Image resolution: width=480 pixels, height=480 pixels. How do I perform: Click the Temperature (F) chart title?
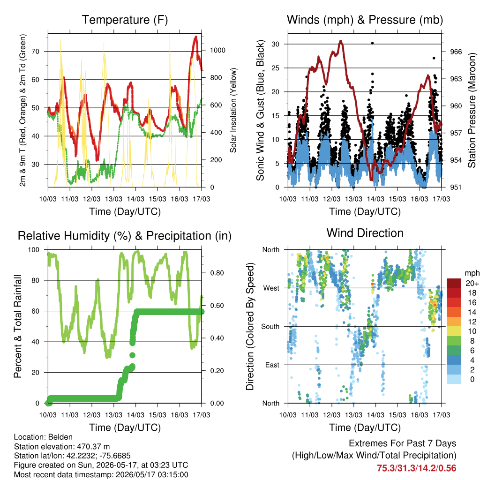125,20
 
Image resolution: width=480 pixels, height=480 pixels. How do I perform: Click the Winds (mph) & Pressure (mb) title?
365,20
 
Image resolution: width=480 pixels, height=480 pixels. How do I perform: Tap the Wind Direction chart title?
365,233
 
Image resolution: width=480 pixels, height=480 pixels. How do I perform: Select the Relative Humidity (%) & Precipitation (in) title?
125,236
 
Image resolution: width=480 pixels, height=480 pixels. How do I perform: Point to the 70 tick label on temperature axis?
36,52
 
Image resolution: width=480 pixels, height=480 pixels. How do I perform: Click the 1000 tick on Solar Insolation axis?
217,50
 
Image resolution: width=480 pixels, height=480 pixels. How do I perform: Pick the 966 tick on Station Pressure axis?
456,52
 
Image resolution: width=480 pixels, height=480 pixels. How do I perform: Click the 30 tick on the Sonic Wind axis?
276,44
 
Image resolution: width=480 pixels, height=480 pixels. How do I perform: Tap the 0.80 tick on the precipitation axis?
217,273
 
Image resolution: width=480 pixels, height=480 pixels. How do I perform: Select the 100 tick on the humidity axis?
34,250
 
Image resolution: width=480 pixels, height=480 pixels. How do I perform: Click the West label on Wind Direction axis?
271,288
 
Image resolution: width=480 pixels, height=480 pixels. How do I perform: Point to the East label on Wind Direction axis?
272,365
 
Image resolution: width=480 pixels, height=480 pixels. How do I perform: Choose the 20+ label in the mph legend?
472,283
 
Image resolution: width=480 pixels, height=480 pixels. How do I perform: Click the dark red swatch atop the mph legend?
454,283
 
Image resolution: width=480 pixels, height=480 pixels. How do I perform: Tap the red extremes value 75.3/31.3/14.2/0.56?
416,468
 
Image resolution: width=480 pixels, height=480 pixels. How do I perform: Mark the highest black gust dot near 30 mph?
372,43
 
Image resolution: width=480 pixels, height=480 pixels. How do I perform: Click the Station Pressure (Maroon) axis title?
472,110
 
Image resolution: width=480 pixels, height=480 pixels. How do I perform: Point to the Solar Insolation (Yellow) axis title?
233,110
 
